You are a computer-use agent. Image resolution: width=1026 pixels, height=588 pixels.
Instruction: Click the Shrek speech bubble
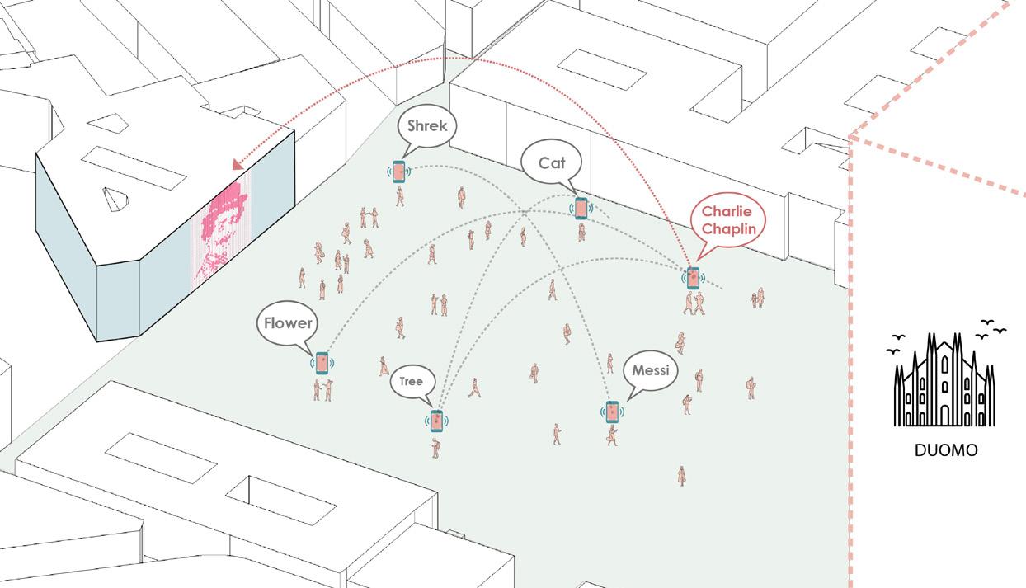click(x=426, y=126)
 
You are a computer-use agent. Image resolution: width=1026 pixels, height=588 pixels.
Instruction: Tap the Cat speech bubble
click(x=552, y=163)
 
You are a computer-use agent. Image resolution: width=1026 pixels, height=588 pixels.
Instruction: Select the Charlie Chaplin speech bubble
click(x=727, y=220)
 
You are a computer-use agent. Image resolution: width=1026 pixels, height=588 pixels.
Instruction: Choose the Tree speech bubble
click(x=411, y=382)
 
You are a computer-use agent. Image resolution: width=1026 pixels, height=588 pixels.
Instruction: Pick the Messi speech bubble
click(x=650, y=371)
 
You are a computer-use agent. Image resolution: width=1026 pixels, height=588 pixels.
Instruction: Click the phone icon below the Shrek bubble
click(x=400, y=172)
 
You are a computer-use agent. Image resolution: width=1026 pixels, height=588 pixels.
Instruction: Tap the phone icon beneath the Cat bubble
click(x=581, y=209)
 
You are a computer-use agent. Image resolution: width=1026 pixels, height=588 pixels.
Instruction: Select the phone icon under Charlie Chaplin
click(x=693, y=277)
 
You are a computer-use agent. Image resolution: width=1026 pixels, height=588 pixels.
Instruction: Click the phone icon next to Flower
click(x=321, y=363)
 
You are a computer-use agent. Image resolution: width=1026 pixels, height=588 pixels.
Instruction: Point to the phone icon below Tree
click(x=436, y=421)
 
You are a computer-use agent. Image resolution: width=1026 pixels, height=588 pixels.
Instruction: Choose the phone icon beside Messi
click(x=612, y=411)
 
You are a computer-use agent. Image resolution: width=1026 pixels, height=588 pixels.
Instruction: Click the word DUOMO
click(x=945, y=451)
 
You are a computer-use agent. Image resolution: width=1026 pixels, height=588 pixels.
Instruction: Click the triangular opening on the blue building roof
click(x=115, y=196)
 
